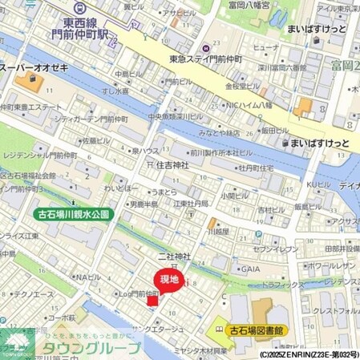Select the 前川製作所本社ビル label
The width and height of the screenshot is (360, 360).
222,152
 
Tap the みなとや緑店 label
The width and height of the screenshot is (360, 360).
220,132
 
